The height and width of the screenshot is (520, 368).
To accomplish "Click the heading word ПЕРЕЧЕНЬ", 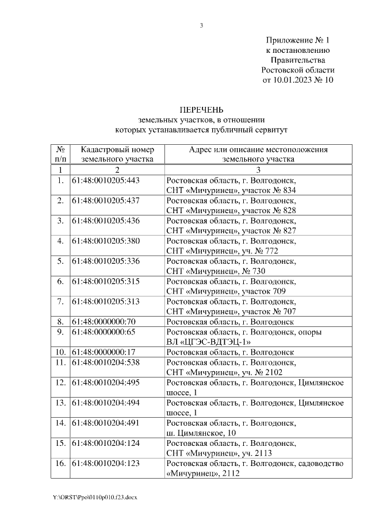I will click(201, 110).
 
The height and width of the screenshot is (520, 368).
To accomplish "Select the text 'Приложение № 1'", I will click(297, 41).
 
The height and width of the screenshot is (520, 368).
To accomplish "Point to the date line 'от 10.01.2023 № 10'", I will click(297, 80).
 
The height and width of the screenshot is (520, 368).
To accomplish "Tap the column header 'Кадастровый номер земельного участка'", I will click(117, 155).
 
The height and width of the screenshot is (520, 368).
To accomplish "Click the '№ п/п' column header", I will click(60, 155).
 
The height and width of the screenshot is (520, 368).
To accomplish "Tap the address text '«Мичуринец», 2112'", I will click(202, 473).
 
